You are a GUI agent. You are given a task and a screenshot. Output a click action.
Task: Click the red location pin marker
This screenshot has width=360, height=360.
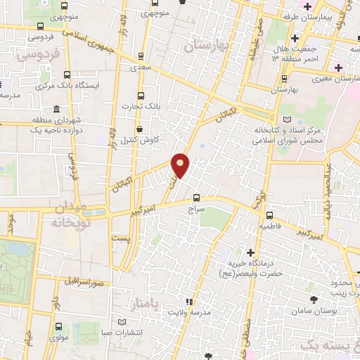click(181, 165)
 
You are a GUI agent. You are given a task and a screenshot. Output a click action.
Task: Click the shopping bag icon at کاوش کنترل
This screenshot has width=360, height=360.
click(140, 129)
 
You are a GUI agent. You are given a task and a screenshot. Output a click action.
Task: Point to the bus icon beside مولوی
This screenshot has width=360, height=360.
click(58, 326)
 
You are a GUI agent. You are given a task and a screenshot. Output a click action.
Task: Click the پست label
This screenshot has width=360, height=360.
click(121, 239)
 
